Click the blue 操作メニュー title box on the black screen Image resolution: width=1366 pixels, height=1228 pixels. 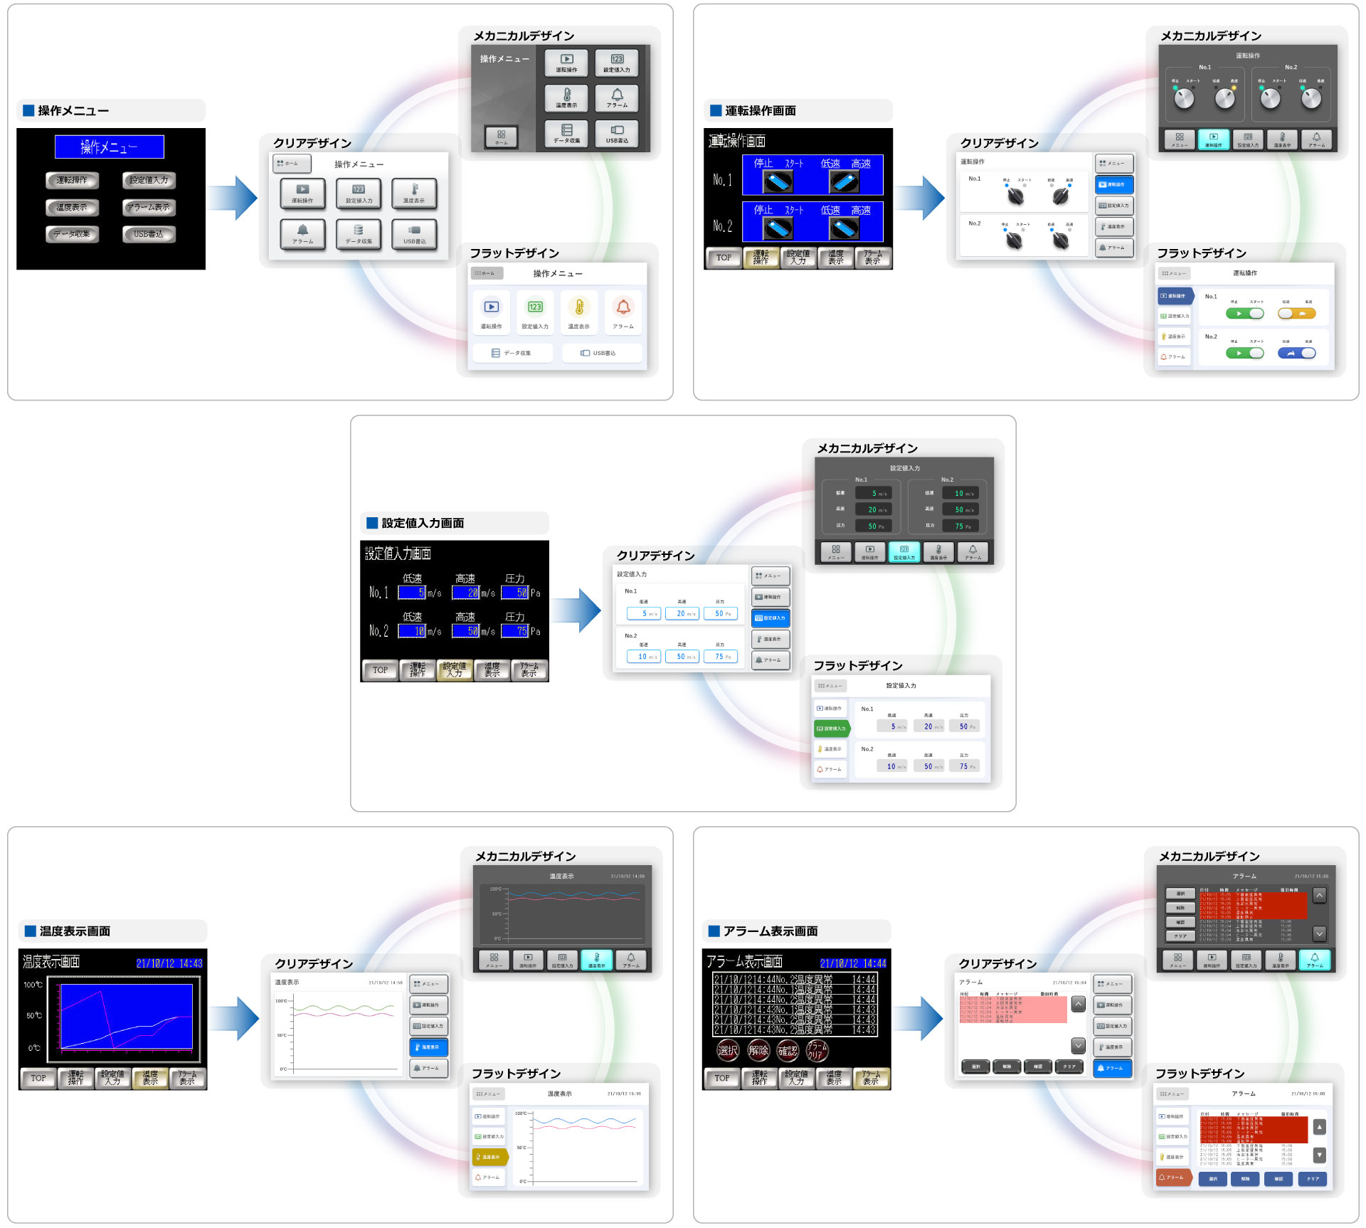coord(109,147)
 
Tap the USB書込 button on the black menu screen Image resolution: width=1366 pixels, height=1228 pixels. coord(148,234)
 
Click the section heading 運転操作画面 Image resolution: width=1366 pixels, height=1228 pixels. coord(760,111)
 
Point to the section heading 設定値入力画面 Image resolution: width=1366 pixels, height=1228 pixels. coord(423,524)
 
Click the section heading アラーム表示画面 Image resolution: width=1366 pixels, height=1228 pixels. coord(770,931)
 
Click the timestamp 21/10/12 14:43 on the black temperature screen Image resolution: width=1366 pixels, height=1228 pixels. coord(169,963)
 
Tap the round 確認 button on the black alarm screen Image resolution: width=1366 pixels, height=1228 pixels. coord(788,1050)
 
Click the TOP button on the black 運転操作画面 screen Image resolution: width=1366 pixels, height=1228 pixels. coord(724,258)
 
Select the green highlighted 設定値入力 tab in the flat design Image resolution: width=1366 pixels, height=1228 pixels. coord(831,729)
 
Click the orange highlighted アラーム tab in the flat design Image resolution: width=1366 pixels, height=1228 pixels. coord(1172,1177)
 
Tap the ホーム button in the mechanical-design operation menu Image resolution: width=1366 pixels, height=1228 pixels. coord(501,136)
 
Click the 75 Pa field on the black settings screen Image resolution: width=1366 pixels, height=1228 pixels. coord(515,631)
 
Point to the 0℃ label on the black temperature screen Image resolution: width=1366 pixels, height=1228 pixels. coord(34,1048)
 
